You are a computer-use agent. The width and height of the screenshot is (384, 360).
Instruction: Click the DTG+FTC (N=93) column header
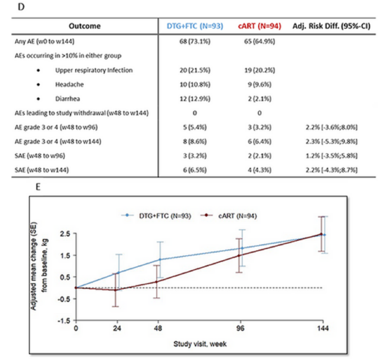pos(195,26)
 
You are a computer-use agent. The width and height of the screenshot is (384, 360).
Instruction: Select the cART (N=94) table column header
pos(260,26)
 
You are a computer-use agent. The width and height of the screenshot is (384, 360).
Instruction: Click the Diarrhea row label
pos(68,99)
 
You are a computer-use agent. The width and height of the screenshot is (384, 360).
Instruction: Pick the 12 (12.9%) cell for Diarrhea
pos(195,99)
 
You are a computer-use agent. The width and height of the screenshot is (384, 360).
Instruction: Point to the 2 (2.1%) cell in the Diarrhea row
pos(260,99)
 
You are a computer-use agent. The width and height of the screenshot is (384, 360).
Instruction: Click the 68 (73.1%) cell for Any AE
pos(195,41)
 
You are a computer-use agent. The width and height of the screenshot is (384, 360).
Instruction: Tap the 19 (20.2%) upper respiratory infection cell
pos(260,70)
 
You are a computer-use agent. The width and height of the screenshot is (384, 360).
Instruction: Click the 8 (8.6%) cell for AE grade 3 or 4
pos(195,142)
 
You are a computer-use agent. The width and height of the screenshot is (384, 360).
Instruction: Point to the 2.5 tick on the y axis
pos(67,234)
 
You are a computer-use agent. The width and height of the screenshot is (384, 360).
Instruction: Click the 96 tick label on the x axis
pos(241,328)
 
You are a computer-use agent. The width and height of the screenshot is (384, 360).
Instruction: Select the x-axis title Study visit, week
pos(200,344)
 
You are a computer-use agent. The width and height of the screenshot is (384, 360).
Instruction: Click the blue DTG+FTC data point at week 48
pos(160,260)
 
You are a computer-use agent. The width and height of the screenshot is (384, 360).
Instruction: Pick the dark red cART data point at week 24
pos(115,290)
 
